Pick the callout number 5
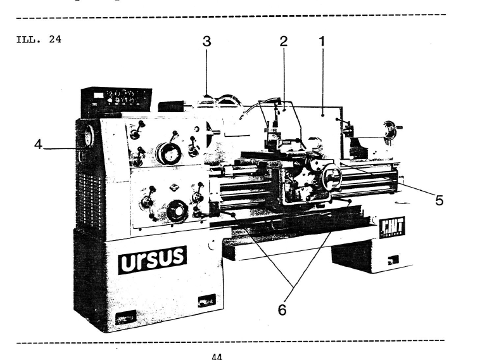[438, 200]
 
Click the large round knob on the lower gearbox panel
[177, 210]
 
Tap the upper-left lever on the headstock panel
[134, 132]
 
